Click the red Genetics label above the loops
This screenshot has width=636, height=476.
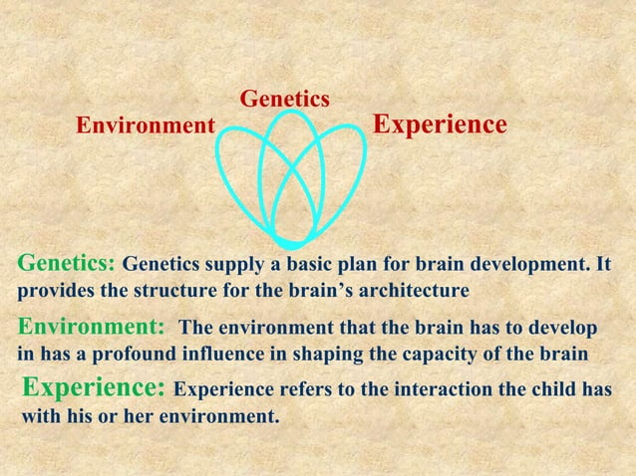pyautogui.click(x=285, y=100)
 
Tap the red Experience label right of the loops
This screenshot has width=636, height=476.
pyautogui.click(x=440, y=124)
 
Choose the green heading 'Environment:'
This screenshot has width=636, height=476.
pyautogui.click(x=92, y=328)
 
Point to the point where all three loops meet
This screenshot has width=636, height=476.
pyautogui.click(x=293, y=241)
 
